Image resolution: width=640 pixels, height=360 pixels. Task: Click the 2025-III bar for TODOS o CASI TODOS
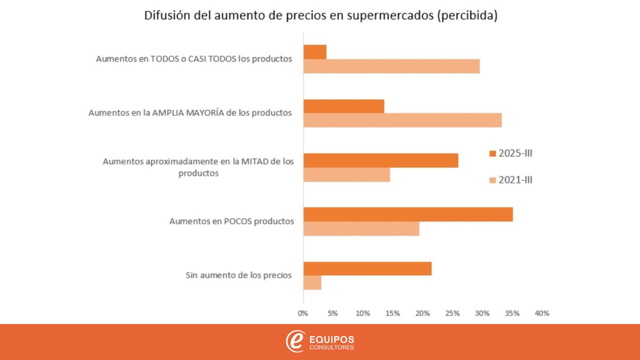tap(315, 52)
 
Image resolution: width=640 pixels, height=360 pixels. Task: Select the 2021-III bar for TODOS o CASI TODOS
tap(391, 66)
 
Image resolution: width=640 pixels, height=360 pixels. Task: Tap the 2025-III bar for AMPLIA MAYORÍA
tap(344, 106)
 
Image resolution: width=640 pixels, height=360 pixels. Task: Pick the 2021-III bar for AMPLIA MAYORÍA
tap(402, 120)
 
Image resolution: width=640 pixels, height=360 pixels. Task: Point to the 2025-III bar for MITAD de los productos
tap(381, 160)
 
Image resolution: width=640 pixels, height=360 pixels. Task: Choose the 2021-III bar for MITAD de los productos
tap(346, 175)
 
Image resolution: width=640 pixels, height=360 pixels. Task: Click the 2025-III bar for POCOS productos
tap(408, 214)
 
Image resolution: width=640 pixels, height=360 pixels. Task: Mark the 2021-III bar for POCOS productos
tap(361, 229)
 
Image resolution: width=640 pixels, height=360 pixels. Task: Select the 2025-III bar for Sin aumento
tap(367, 268)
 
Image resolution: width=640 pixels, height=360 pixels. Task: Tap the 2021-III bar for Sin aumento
tap(312, 283)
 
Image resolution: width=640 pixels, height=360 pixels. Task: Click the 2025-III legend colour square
tap(493, 154)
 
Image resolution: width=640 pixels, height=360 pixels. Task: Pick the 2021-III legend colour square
tap(493, 180)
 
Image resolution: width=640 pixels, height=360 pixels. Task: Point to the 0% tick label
tap(303, 314)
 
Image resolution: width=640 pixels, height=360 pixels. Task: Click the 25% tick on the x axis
tap(452, 314)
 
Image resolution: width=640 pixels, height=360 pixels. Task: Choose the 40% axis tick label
tap(542, 314)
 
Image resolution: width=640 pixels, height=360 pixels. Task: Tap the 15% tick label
tap(392, 314)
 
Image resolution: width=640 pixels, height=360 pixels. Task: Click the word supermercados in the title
tap(390, 16)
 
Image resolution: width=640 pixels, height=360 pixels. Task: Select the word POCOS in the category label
tap(238, 221)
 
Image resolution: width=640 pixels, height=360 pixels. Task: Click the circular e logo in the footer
tap(295, 341)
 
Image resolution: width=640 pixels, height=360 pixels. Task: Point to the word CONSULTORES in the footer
tap(332, 348)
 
